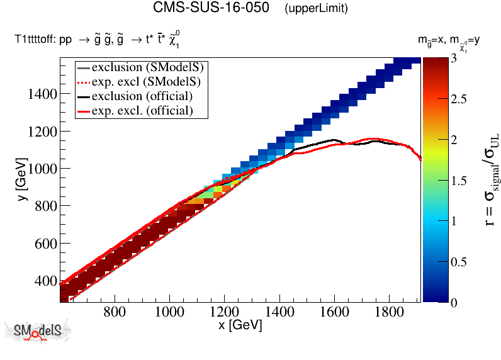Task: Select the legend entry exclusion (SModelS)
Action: tap(150, 66)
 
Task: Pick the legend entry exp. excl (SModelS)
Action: tap(150, 81)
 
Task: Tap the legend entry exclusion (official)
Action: tap(142, 96)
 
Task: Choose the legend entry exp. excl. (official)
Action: tap(142, 111)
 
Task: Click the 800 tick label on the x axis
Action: tap(113, 312)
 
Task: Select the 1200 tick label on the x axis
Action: tap(223, 312)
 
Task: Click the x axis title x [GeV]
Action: tap(240, 326)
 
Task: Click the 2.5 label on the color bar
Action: tap(459, 98)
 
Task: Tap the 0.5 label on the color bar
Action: tap(459, 261)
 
